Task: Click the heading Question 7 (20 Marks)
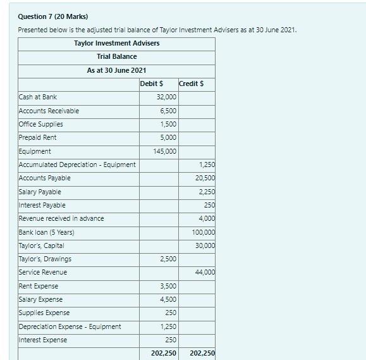click(x=53, y=16)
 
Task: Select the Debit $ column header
click(x=152, y=84)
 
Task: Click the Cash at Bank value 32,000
click(x=166, y=97)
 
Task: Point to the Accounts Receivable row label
click(x=49, y=111)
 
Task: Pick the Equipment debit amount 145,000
click(x=165, y=151)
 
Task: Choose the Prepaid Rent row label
click(x=37, y=137)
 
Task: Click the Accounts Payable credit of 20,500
click(x=205, y=178)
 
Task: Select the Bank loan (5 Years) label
click(x=46, y=232)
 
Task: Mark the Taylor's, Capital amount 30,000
click(x=205, y=245)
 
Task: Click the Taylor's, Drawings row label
click(x=45, y=259)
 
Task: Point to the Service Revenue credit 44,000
click(x=205, y=272)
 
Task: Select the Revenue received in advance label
click(x=61, y=218)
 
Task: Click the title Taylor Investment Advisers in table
click(x=116, y=43)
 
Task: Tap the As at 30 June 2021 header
click(x=116, y=70)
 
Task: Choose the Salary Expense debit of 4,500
click(x=168, y=299)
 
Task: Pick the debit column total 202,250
click(x=164, y=353)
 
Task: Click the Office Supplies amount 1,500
click(x=168, y=124)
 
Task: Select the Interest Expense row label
click(x=42, y=340)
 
